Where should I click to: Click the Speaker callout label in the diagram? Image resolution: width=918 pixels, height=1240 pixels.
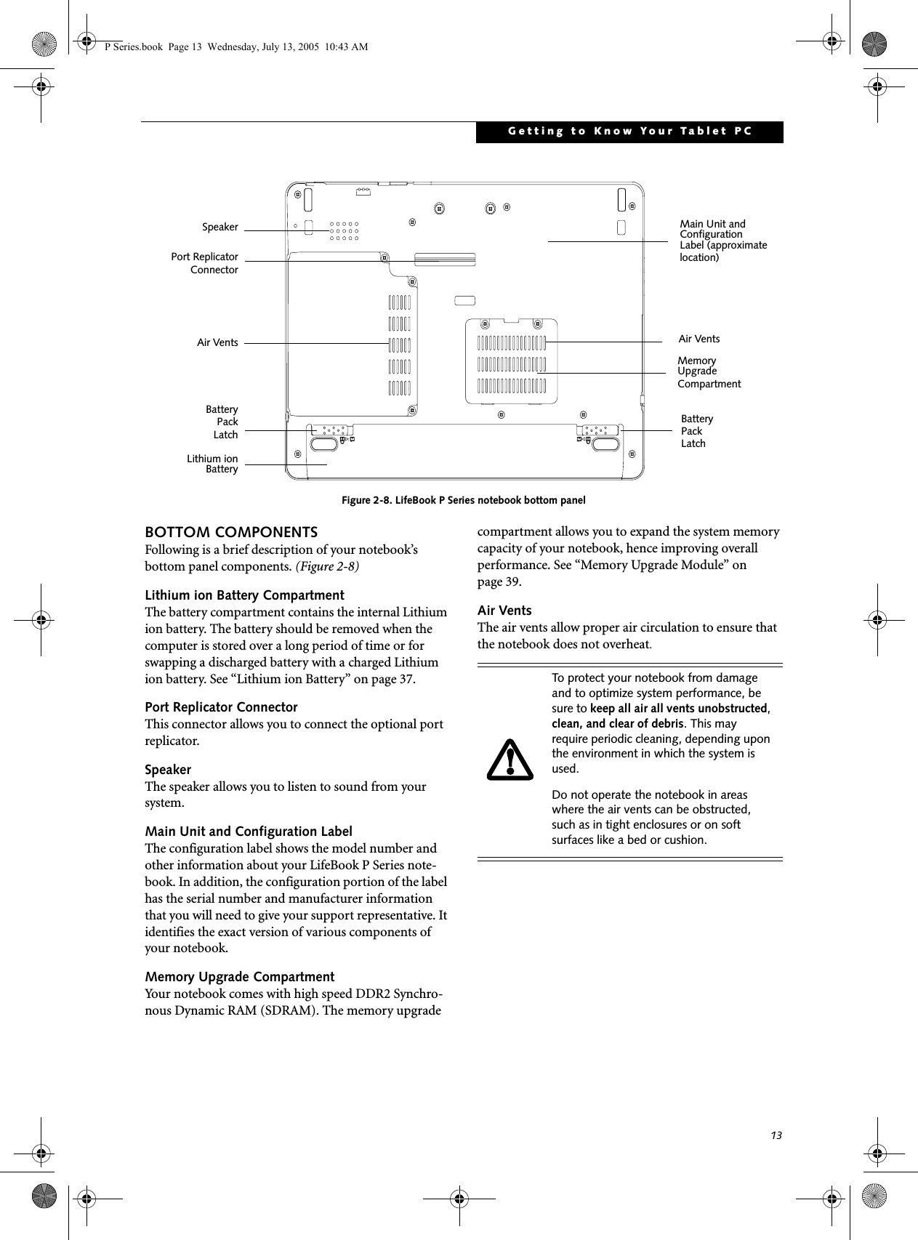[x=220, y=228]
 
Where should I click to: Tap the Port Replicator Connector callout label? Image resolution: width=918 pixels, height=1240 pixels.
[x=204, y=263]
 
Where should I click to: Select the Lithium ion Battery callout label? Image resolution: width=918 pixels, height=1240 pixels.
[x=212, y=464]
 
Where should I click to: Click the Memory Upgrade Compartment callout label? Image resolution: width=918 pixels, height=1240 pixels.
[x=709, y=372]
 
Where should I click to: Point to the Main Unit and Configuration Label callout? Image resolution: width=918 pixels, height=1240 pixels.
[x=722, y=241]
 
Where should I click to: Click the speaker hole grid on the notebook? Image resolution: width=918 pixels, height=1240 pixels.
[x=344, y=231]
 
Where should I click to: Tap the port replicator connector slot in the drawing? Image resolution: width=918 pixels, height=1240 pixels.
[x=444, y=259]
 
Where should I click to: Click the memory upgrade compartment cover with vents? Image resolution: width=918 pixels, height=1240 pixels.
[x=511, y=361]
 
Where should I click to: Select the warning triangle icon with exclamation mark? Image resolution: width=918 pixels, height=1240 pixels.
[x=510, y=760]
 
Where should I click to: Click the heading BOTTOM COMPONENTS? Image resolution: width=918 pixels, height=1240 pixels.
[x=231, y=532]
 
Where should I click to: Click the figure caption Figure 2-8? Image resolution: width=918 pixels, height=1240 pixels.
[x=464, y=500]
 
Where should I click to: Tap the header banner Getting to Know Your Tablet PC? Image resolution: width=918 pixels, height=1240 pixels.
[x=629, y=132]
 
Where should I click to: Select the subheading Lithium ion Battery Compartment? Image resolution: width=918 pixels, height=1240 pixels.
[x=245, y=595]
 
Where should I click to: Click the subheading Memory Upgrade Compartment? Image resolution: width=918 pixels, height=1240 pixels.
[x=240, y=976]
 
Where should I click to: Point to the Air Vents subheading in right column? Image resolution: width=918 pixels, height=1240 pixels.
[x=504, y=610]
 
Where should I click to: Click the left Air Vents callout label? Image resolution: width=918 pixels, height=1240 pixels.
[x=217, y=342]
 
